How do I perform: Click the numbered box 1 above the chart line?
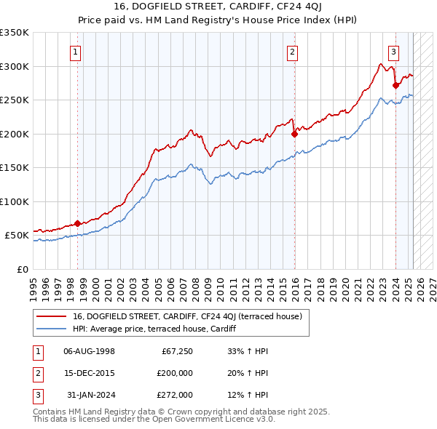click(76, 52)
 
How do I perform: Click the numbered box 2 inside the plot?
click(291, 52)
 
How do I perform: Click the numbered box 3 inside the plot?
click(393, 52)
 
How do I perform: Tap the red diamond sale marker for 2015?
click(295, 134)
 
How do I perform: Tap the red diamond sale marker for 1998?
click(77, 223)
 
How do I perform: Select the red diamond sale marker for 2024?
click(395, 85)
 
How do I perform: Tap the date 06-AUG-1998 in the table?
click(90, 352)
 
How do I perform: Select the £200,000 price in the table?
click(176, 374)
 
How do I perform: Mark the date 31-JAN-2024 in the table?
click(90, 395)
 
